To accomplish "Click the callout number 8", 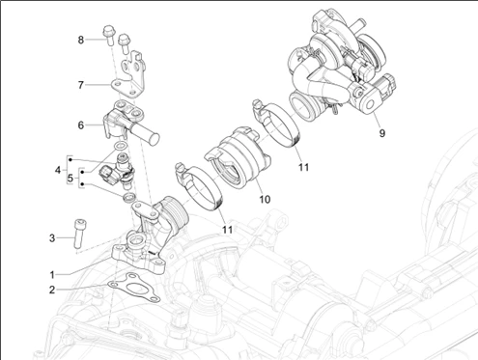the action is tap(81, 40).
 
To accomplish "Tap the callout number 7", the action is tap(81, 85).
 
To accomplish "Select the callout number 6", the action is tap(81, 125).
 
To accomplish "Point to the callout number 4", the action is tap(58, 170).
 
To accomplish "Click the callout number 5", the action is tap(70, 178).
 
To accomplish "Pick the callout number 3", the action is tap(52, 238).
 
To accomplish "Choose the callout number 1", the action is tap(52, 275).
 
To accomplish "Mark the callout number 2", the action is tap(52, 290).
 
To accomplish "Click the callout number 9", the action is tap(382, 133).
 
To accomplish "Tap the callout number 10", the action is tap(265, 200).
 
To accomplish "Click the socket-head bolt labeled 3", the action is tap(78, 234).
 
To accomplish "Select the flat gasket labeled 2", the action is tap(133, 287).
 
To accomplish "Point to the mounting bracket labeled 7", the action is tap(128, 74).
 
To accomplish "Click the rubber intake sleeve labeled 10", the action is tap(238, 157).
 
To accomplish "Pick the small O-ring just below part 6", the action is tap(121, 146).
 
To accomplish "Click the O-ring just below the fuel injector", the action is tap(129, 197).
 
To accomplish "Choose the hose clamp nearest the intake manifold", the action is tap(199, 187).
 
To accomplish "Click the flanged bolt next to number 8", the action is tap(108, 36).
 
